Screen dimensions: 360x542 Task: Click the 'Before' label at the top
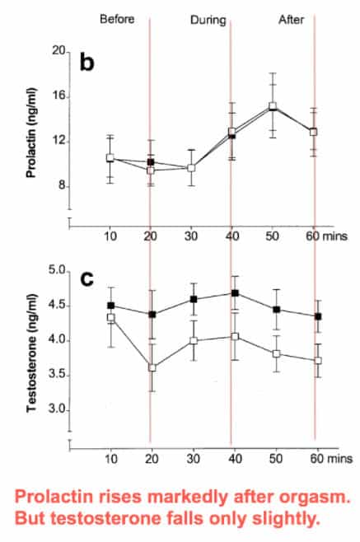117,19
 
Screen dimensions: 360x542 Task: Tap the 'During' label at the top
208,20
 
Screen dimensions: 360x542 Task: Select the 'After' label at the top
291,20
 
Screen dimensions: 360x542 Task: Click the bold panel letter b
86,62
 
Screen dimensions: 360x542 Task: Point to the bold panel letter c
86,279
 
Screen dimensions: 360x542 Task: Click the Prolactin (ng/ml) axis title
31,133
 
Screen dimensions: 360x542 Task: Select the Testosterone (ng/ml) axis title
31,353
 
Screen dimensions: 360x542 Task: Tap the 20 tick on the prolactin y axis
58,51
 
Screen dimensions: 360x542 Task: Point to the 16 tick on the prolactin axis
59,96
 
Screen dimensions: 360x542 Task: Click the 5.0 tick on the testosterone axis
57,271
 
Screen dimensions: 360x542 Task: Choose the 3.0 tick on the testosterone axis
57,409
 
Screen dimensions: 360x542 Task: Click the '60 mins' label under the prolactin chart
326,236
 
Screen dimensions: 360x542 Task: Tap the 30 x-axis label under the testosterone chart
194,458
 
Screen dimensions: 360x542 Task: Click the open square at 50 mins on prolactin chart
273,105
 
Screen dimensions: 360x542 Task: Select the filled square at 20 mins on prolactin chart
151,161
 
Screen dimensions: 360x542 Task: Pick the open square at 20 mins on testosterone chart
152,367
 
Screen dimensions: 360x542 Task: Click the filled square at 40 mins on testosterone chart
235,293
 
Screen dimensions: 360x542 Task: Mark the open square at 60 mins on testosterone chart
318,360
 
